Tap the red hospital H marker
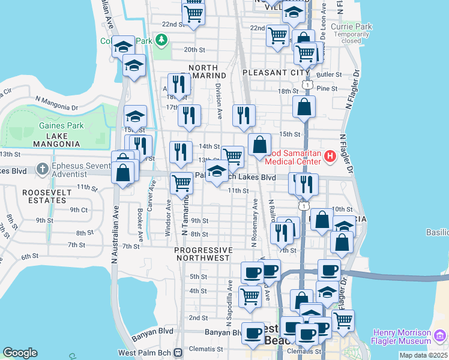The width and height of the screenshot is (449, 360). pos(330,157)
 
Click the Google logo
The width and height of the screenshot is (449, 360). pos(20,353)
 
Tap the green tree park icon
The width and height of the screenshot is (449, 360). pos(161,40)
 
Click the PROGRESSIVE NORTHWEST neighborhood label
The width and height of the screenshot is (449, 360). pos(203,254)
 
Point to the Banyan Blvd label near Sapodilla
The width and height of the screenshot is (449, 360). pos(222,332)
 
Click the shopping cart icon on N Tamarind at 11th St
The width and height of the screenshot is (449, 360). pos(181,183)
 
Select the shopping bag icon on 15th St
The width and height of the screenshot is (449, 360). pos(260,145)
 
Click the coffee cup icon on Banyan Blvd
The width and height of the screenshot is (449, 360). pos(253,332)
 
